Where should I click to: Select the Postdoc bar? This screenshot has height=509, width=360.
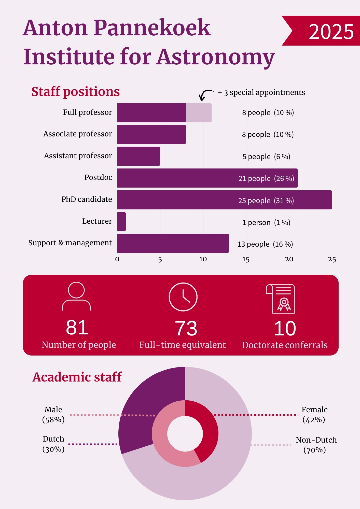tap(207, 178)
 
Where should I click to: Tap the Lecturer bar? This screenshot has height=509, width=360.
tap(121, 221)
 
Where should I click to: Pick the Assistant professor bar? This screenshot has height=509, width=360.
tap(139, 156)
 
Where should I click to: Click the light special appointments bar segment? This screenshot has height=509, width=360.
tap(199, 112)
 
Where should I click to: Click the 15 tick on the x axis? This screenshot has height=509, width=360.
tap(246, 259)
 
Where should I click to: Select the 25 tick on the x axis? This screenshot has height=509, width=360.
tap(332, 259)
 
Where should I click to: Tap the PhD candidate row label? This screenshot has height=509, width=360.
tap(87, 199)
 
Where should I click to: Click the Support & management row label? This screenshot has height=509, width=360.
tap(70, 243)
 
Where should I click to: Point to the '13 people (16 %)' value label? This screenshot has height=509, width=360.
tap(265, 244)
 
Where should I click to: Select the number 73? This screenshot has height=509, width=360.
tap(186, 328)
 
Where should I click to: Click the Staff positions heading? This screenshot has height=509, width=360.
tap(76, 92)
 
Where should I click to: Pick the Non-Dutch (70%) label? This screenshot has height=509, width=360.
tap(316, 445)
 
